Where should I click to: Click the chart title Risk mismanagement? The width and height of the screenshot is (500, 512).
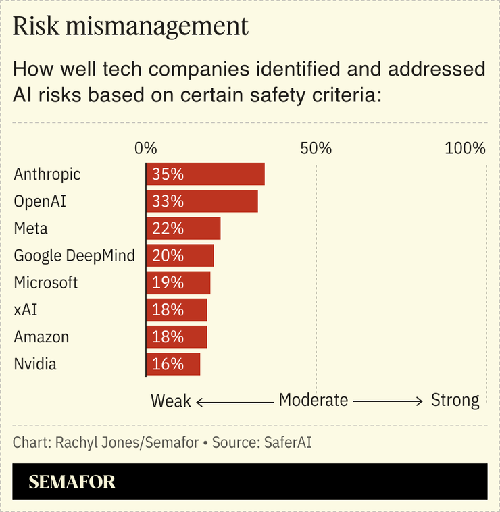tap(131, 27)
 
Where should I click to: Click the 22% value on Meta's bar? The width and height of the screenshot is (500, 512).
tap(168, 228)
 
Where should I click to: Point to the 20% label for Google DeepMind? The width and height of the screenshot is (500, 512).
tap(168, 255)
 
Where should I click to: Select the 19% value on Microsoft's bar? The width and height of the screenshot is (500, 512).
tap(168, 282)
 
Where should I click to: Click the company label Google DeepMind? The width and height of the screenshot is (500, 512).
tap(74, 255)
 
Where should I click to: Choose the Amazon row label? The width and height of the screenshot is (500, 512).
tap(41, 337)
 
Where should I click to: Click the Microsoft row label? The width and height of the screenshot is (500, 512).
tap(46, 282)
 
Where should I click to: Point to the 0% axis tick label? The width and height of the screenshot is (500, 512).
tap(145, 148)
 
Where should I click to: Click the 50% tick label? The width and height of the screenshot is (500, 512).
tap(316, 148)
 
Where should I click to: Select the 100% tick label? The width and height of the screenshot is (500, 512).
tap(465, 148)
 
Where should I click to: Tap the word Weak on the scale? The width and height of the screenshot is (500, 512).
tap(171, 401)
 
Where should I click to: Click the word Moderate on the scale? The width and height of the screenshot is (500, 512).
tap(314, 400)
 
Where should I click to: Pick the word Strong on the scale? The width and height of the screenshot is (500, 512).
tap(455, 400)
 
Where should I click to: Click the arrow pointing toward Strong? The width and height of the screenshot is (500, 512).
tap(388, 401)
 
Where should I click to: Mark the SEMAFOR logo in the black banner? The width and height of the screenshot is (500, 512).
tap(72, 482)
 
